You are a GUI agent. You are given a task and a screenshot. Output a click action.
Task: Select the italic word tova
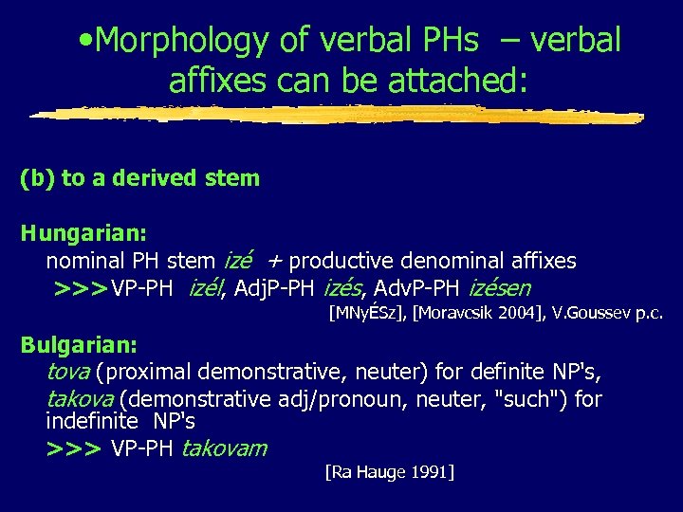tap(67, 372)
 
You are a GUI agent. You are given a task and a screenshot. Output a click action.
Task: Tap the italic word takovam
tap(224, 448)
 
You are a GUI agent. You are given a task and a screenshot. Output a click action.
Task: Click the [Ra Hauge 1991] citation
tap(389, 471)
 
